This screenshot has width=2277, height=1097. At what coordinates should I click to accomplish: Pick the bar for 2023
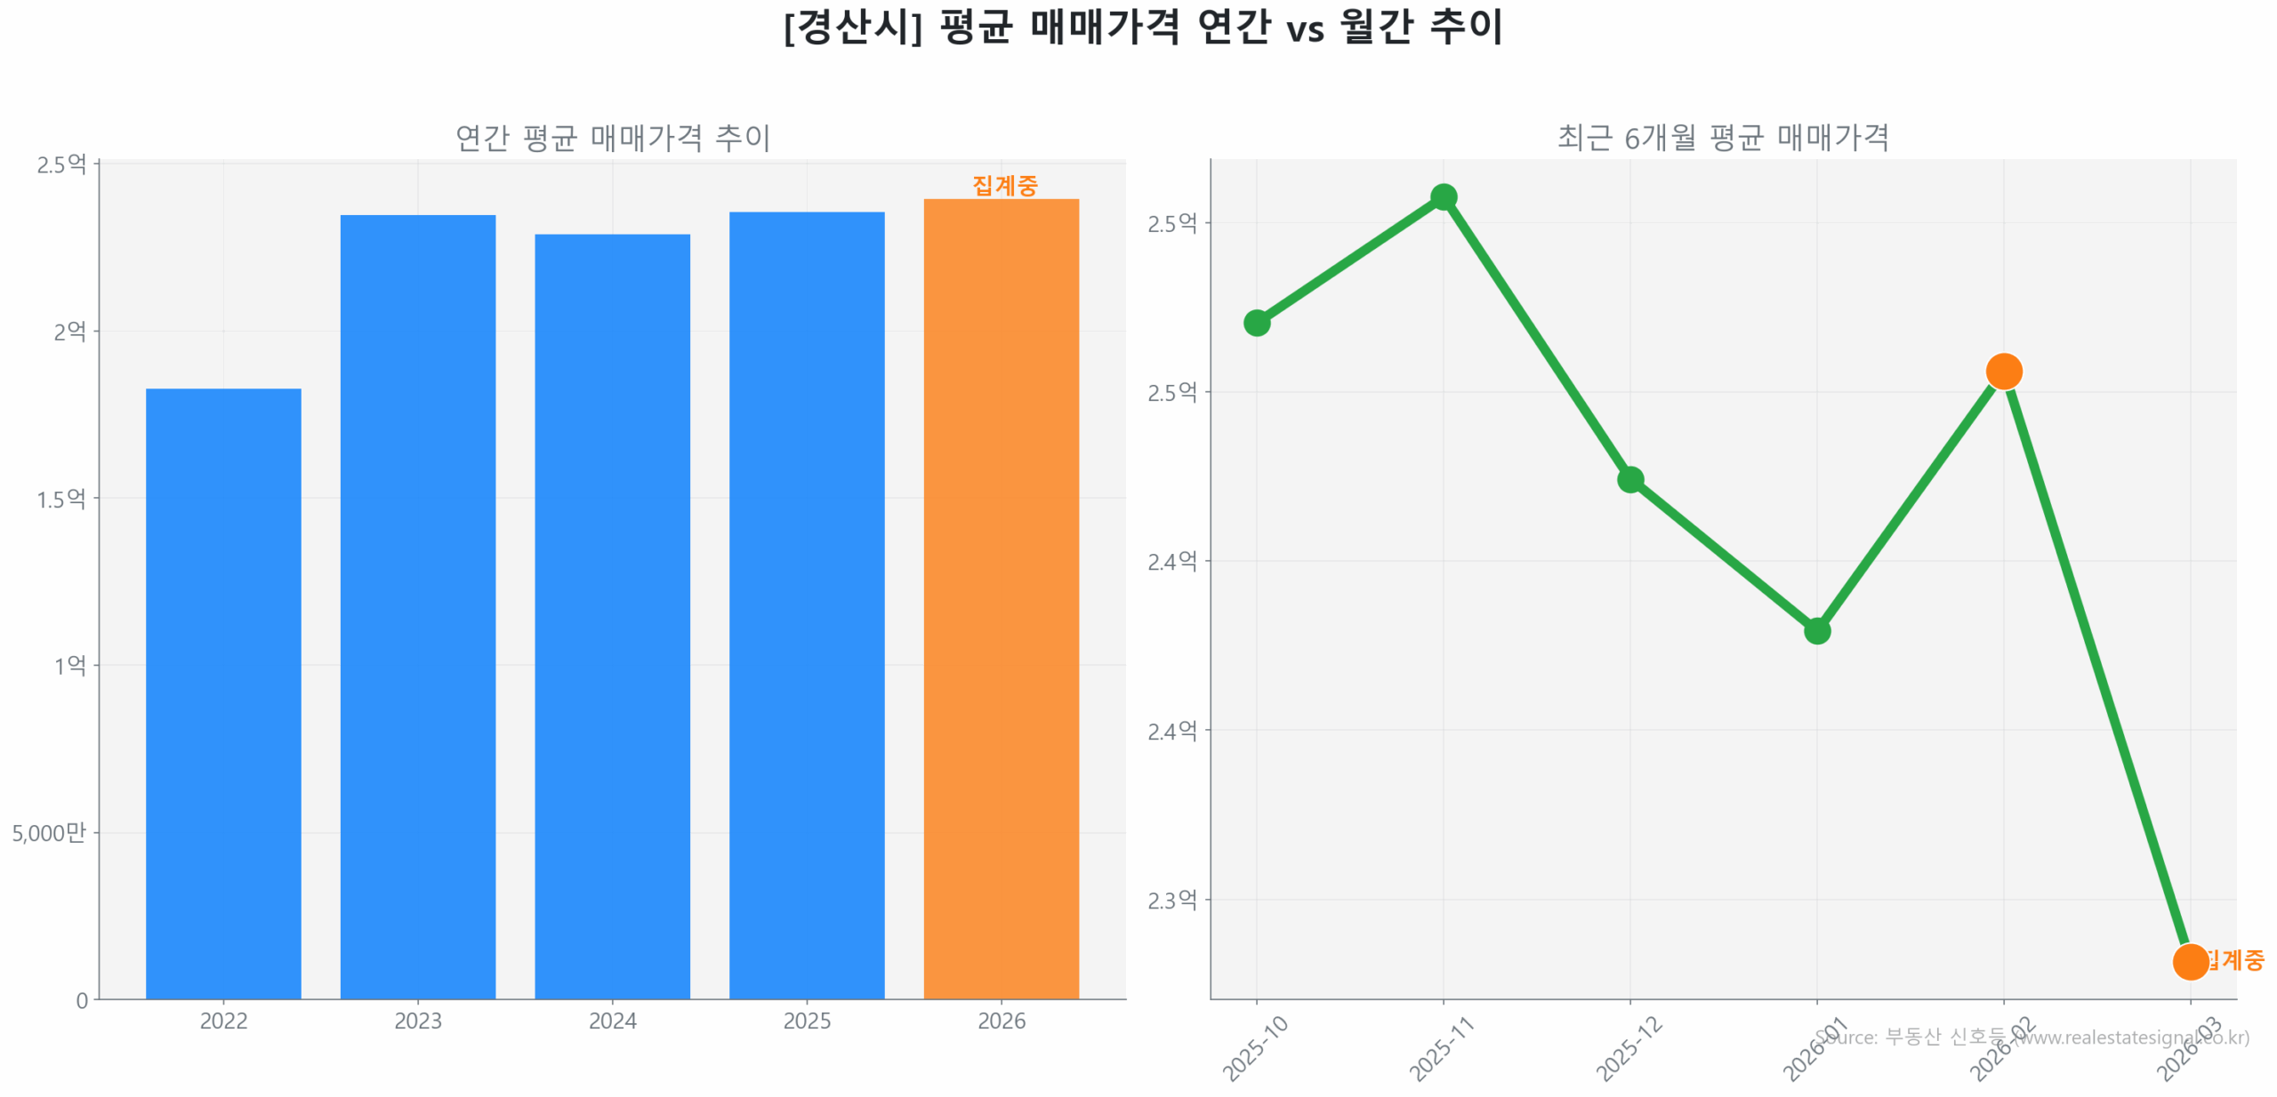click(417, 605)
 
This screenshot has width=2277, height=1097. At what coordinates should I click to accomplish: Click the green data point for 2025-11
click(1443, 196)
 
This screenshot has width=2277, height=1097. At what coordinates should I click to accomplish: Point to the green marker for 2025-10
click(1256, 322)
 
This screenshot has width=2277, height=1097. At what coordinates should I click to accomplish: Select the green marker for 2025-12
click(1629, 479)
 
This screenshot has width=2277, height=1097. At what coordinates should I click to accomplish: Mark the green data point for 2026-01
click(1816, 630)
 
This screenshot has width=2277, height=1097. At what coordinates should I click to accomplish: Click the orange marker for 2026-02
click(2003, 371)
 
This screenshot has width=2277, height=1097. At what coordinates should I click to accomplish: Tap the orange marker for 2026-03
click(2189, 961)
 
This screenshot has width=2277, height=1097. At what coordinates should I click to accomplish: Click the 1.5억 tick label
click(60, 499)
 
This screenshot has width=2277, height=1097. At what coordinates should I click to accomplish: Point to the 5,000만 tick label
click(49, 832)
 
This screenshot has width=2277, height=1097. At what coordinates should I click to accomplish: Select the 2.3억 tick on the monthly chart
click(1171, 900)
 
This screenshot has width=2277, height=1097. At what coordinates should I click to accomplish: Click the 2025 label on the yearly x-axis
click(806, 1021)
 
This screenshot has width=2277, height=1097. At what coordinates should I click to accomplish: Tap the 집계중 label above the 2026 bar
click(1004, 185)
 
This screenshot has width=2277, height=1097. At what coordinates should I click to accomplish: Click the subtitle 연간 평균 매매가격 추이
click(612, 138)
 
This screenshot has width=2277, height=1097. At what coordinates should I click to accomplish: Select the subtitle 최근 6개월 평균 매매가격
click(1722, 138)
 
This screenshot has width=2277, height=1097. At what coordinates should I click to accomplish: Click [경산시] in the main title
click(852, 27)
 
